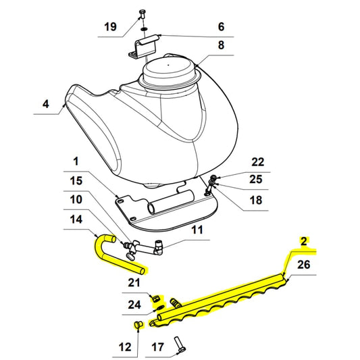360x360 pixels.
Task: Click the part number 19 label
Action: pyautogui.click(x=110, y=27)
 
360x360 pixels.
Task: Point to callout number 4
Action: pyautogui.click(x=45, y=104)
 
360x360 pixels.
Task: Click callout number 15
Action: pyautogui.click(x=76, y=181)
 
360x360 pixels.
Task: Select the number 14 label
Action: pyautogui.click(x=76, y=220)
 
